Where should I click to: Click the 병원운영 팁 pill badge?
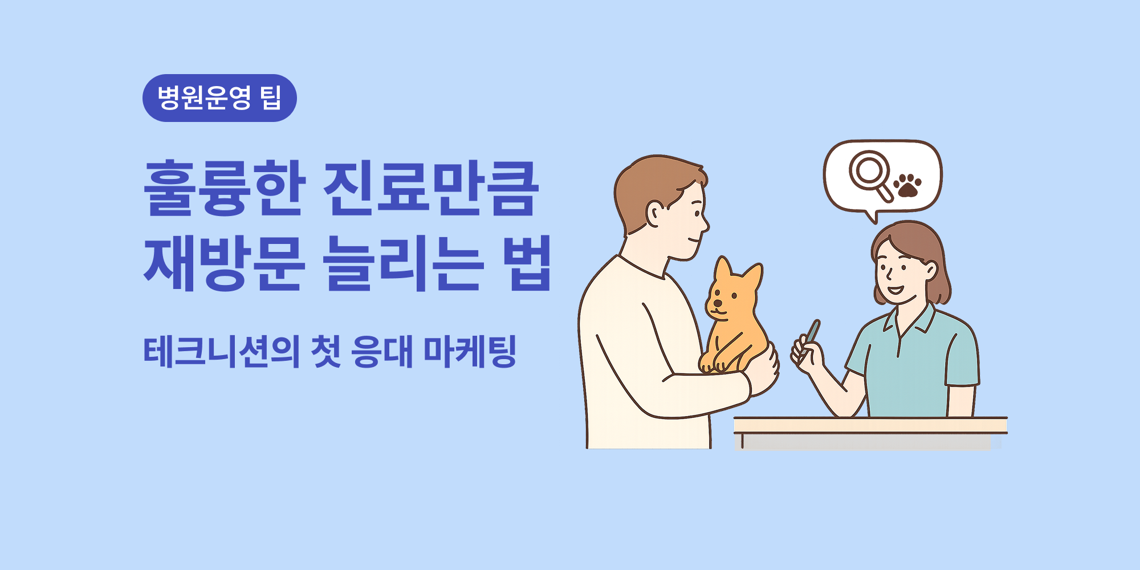pyautogui.click(x=219, y=98)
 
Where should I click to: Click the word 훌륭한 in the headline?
pyautogui.click(x=225, y=188)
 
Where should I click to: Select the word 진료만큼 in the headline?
pyautogui.click(x=430, y=188)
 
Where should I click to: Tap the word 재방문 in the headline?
pyautogui.click(x=225, y=263)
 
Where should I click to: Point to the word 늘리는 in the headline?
pyautogui.click(x=403, y=263)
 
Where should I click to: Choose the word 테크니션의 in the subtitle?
pyautogui.click(x=222, y=352)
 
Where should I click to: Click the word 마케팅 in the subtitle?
pyautogui.click(x=470, y=352)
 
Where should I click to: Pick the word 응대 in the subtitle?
pyautogui.click(x=381, y=352)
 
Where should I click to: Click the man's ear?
pyautogui.click(x=655, y=213)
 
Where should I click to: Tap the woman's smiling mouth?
pyautogui.click(x=895, y=290)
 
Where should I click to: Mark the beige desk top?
pyautogui.click(x=870, y=425)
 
